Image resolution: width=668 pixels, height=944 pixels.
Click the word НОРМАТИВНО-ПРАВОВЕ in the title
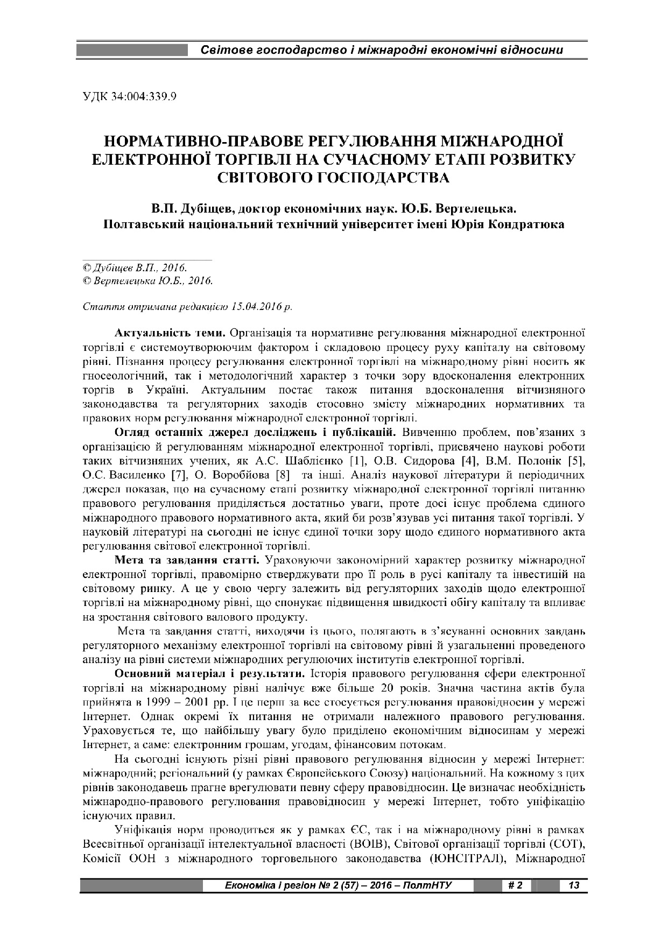click(x=204, y=142)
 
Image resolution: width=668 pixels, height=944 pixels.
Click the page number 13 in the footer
click(x=573, y=885)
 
